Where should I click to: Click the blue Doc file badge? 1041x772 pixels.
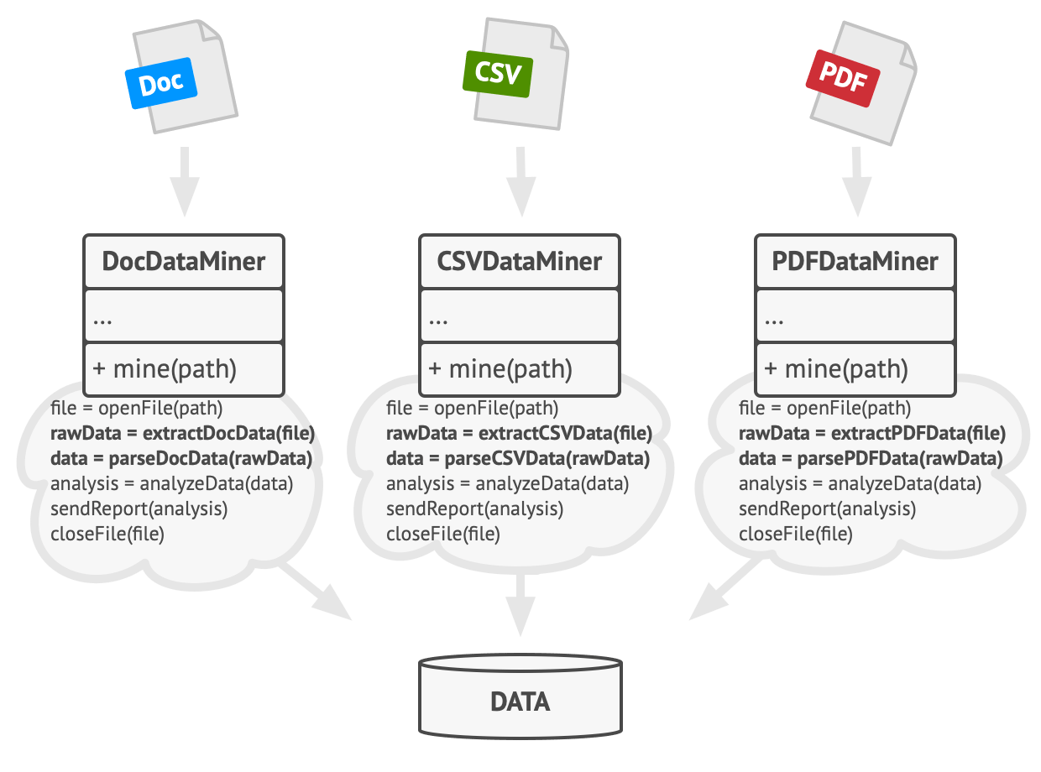click(x=160, y=85)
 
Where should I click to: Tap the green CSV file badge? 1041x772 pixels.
click(x=498, y=73)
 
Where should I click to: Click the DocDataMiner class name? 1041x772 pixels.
click(x=184, y=261)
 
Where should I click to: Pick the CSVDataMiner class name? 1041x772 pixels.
click(x=520, y=261)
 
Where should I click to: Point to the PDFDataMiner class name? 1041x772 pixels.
click(x=855, y=261)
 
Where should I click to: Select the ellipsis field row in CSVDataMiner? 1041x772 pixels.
click(x=520, y=317)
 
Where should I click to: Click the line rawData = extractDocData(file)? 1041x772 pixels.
click(x=182, y=434)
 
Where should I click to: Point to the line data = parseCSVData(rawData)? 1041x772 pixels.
click(x=517, y=459)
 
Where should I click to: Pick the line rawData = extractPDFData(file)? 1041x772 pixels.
click(x=871, y=434)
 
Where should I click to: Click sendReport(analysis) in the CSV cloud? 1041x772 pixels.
click(x=474, y=509)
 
